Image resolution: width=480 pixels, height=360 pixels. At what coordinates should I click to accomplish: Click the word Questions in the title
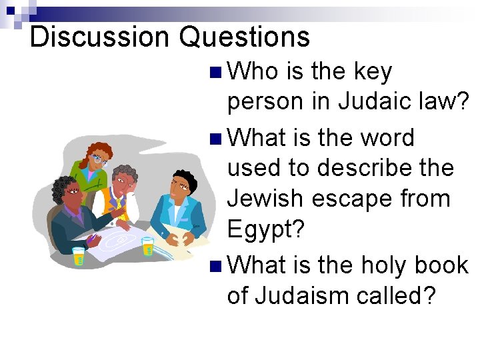245,37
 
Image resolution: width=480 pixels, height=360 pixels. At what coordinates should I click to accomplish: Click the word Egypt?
265,230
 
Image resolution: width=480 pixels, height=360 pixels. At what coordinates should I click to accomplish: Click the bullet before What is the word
213,139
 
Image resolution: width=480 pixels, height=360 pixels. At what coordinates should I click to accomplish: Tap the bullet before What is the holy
213,266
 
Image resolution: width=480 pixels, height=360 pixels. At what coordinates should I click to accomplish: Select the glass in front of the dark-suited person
79,257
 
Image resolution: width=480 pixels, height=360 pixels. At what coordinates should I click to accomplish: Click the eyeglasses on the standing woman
100,159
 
